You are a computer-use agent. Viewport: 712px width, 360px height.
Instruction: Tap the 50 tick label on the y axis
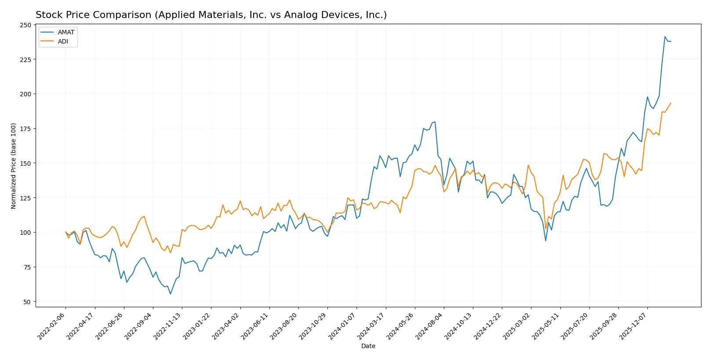click(x=27, y=302)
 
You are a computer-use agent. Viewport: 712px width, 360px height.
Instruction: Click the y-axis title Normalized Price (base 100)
click(x=14, y=166)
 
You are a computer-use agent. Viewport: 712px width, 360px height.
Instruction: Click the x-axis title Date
click(x=368, y=346)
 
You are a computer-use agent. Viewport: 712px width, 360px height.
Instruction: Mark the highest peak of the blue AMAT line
click(x=665, y=36)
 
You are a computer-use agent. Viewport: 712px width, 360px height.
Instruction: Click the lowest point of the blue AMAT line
click(x=171, y=294)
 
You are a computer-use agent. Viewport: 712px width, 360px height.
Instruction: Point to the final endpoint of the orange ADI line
click(x=671, y=103)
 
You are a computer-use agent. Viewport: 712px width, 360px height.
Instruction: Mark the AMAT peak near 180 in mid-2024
click(x=435, y=122)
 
